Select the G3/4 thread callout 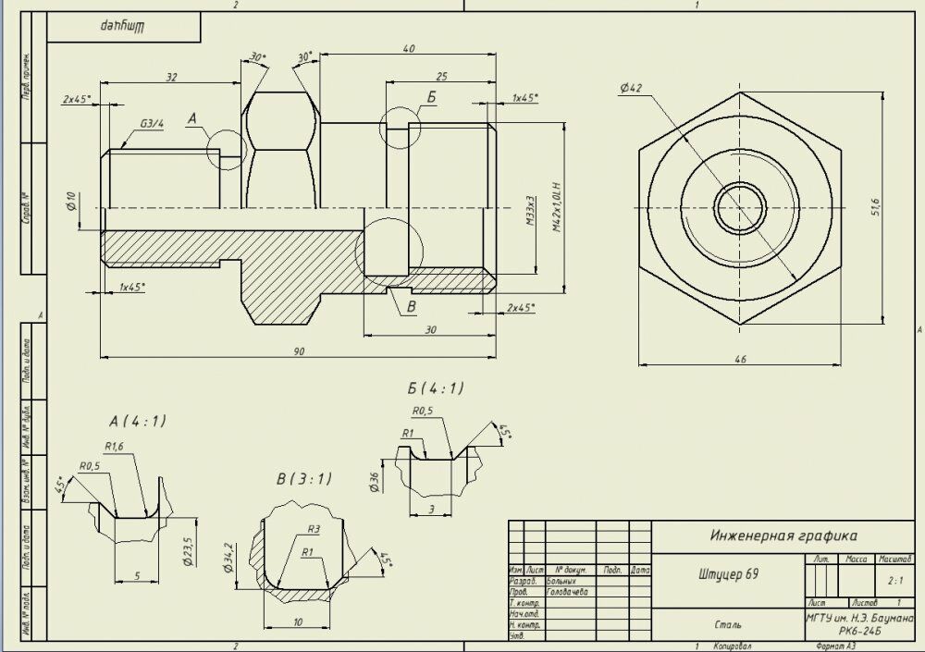pos(153,123)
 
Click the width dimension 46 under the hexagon pos(740,360)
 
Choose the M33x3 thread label pos(531,213)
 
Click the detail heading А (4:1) pos(137,421)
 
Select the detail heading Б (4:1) pos(435,388)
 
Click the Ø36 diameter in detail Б pos(375,481)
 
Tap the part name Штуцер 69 pos(728,574)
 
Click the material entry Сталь pos(728,624)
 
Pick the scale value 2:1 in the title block pos(894,582)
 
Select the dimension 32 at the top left pos(171,78)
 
